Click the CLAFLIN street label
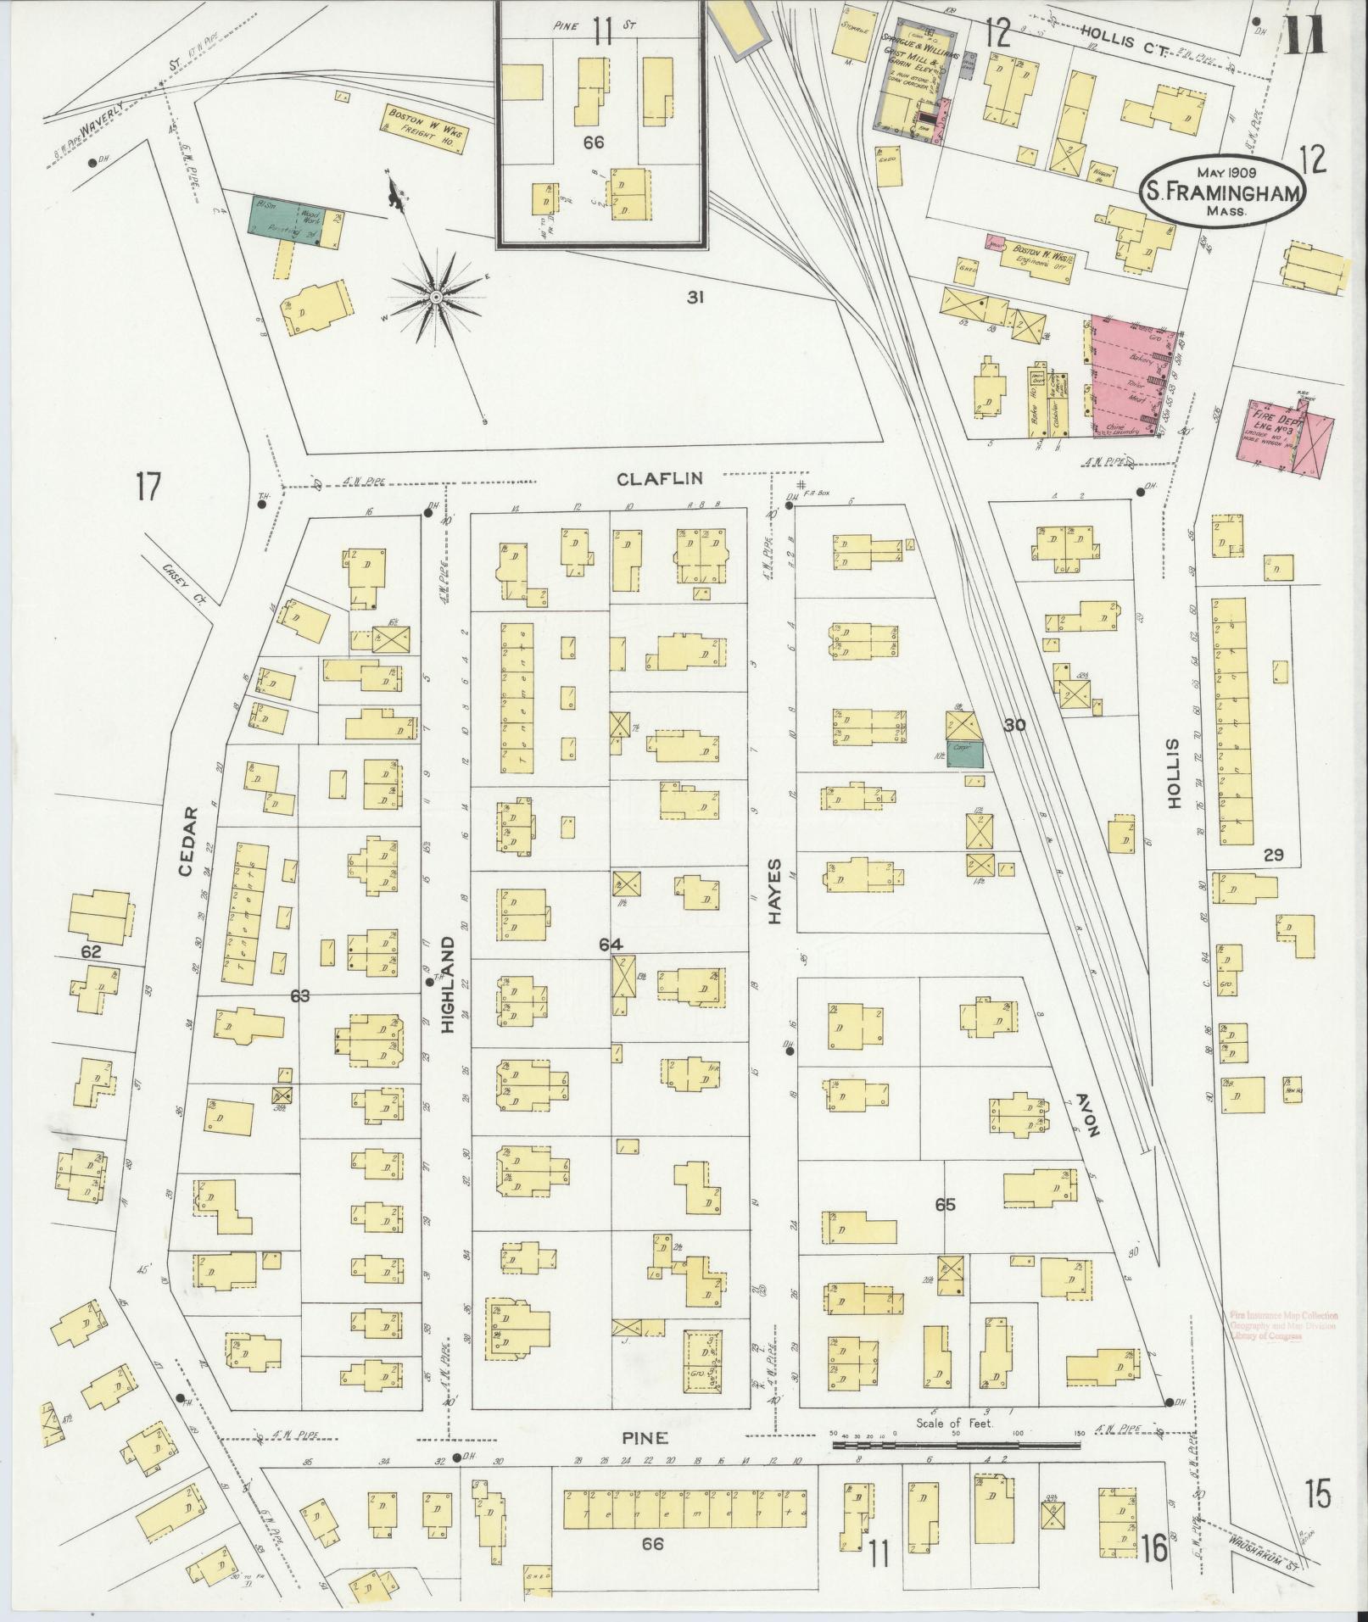click(659, 478)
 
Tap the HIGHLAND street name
click(448, 984)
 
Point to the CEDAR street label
click(190, 839)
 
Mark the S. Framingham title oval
click(1221, 191)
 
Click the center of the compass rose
click(435, 296)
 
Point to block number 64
click(610, 945)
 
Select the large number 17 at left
click(147, 488)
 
